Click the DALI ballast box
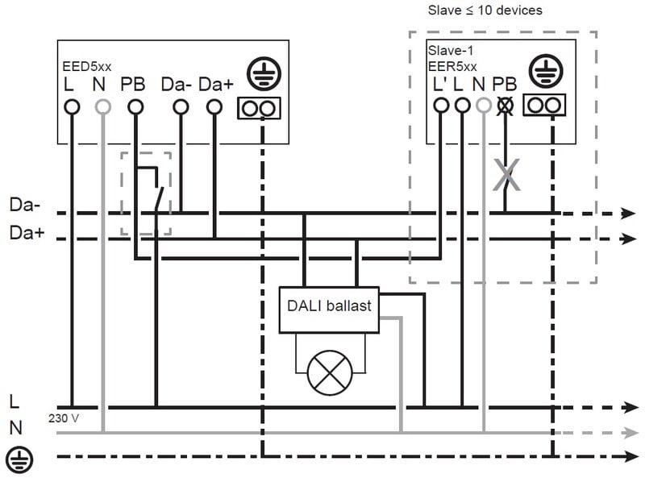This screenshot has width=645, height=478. (x=329, y=307)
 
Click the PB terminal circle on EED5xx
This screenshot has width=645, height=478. (x=135, y=106)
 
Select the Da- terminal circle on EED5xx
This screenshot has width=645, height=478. (x=181, y=106)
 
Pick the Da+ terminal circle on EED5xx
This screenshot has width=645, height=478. (x=214, y=106)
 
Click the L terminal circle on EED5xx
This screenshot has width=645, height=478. (x=71, y=106)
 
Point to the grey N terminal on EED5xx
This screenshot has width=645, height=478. (x=102, y=106)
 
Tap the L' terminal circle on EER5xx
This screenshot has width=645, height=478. (x=440, y=106)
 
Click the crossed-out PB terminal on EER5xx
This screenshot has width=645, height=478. (x=506, y=106)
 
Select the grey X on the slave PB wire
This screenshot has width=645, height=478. (x=506, y=175)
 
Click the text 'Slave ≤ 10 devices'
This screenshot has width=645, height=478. (x=485, y=10)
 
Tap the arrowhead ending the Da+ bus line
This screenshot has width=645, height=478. (x=629, y=239)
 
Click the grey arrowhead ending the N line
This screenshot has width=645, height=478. (x=629, y=433)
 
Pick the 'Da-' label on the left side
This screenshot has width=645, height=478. (x=23, y=205)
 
